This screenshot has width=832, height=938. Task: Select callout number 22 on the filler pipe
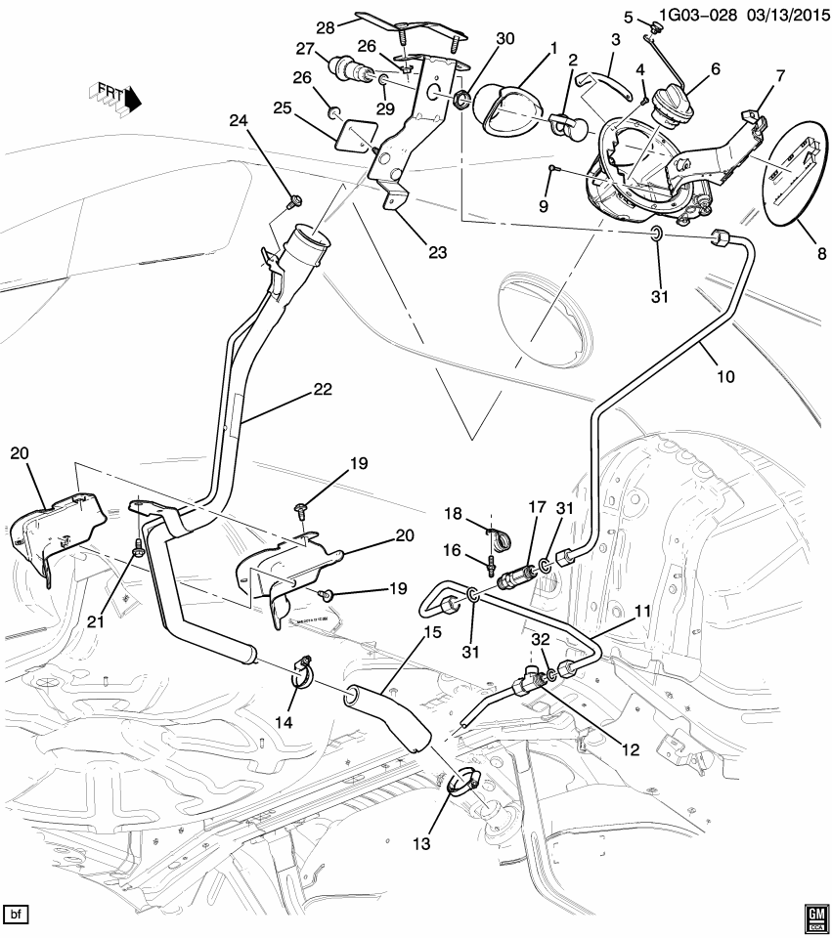point(323,389)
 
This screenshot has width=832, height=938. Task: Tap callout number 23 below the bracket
point(437,252)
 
